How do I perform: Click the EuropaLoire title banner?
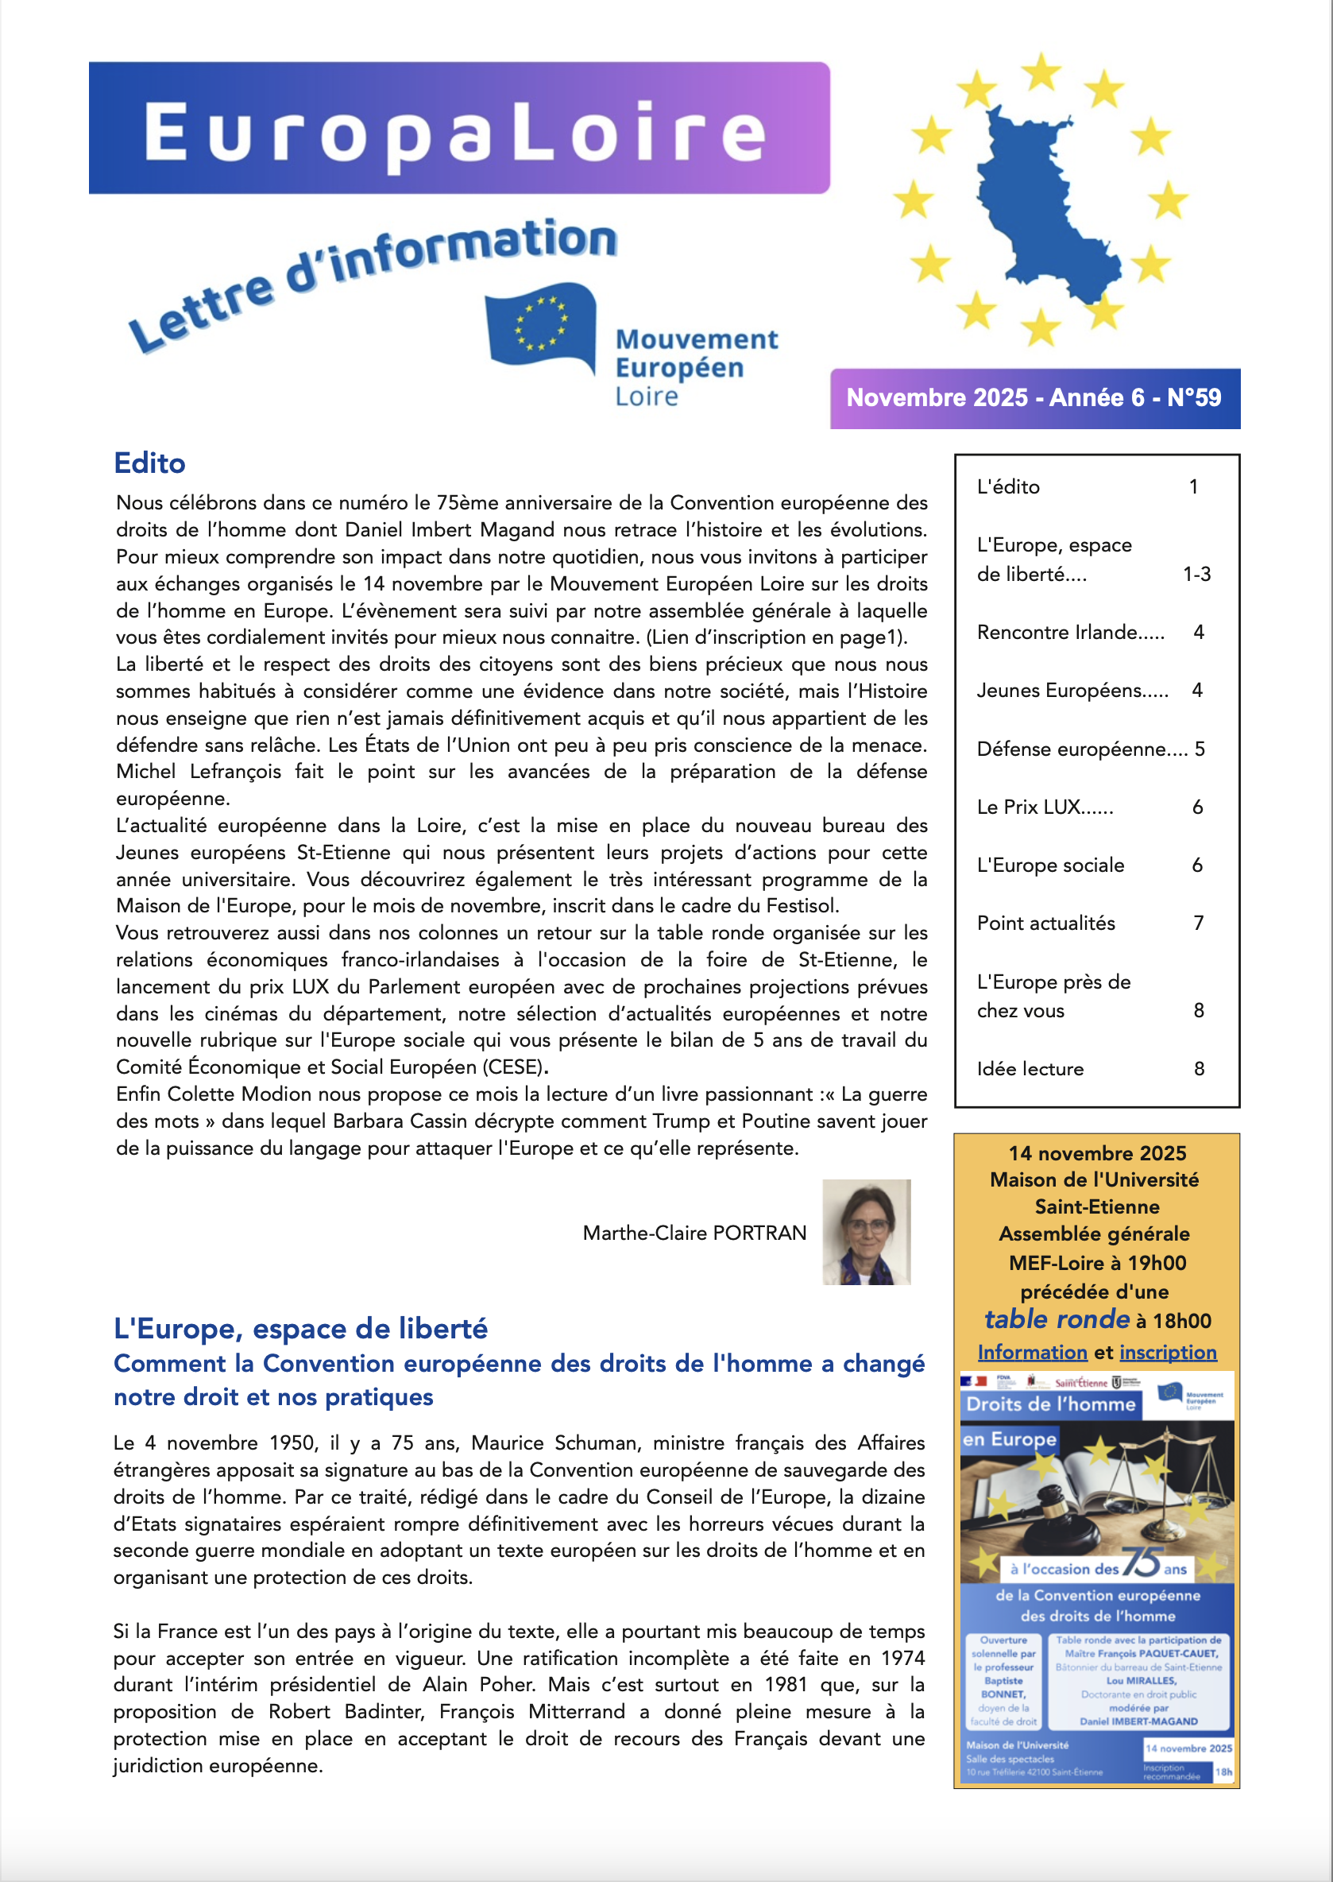pos(459,129)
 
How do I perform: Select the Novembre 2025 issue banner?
pos(1034,398)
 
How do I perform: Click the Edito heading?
pos(149,463)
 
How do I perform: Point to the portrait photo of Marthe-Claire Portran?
pos(866,1232)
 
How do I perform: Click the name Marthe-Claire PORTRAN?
pos(694,1233)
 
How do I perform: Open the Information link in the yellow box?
pos(1032,1352)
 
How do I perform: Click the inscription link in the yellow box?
pos(1167,1352)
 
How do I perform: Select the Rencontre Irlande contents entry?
pos(1070,633)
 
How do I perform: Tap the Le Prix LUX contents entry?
pos(1044,807)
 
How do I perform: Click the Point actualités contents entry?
pos(1045,923)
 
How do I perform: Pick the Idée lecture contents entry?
pos(1030,1068)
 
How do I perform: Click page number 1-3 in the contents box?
pos(1196,574)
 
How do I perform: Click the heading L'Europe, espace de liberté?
pos(300,1328)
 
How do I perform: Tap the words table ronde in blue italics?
pos(1057,1319)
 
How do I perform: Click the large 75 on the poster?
pos(1141,1562)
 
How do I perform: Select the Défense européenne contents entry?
pos(1081,749)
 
